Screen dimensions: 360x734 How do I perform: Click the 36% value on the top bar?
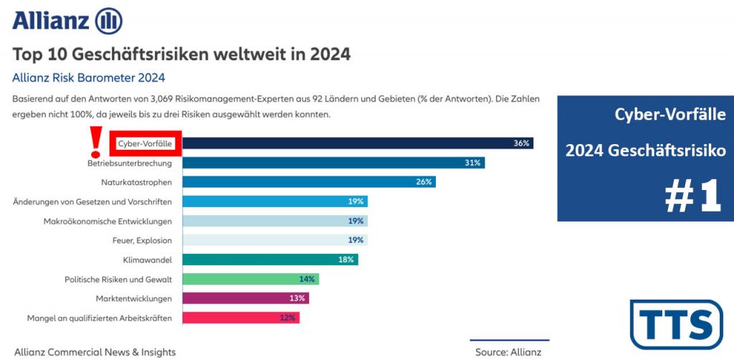click(x=521, y=143)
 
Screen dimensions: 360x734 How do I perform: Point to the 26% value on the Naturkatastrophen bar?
click(x=424, y=182)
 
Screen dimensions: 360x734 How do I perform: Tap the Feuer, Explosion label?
click(x=142, y=240)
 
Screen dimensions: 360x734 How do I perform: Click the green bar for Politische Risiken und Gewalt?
click(x=250, y=279)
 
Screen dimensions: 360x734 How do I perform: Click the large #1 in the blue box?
click(x=692, y=196)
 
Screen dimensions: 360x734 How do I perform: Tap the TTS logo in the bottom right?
click(x=676, y=324)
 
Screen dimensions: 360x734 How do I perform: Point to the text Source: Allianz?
click(x=508, y=352)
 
